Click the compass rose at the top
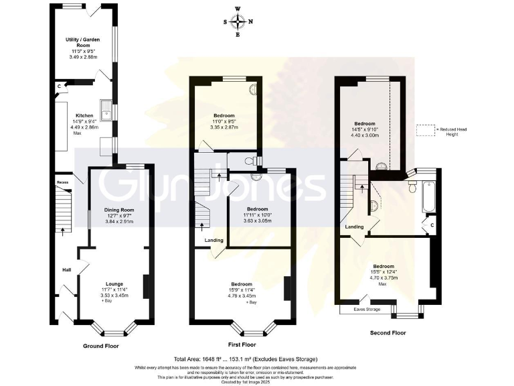pyautogui.click(x=238, y=21)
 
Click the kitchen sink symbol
pyautogui.click(x=106, y=107)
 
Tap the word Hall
pyautogui.click(x=67, y=269)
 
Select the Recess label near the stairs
pyautogui.click(x=63, y=182)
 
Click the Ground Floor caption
pyautogui.click(x=102, y=346)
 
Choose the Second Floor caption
pyautogui.click(x=388, y=332)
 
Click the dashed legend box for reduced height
pyautogui.click(x=425, y=131)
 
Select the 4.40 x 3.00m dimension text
pyautogui.click(x=365, y=135)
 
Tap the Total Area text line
pyautogui.click(x=246, y=359)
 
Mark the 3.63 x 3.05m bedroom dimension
pyautogui.click(x=258, y=220)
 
